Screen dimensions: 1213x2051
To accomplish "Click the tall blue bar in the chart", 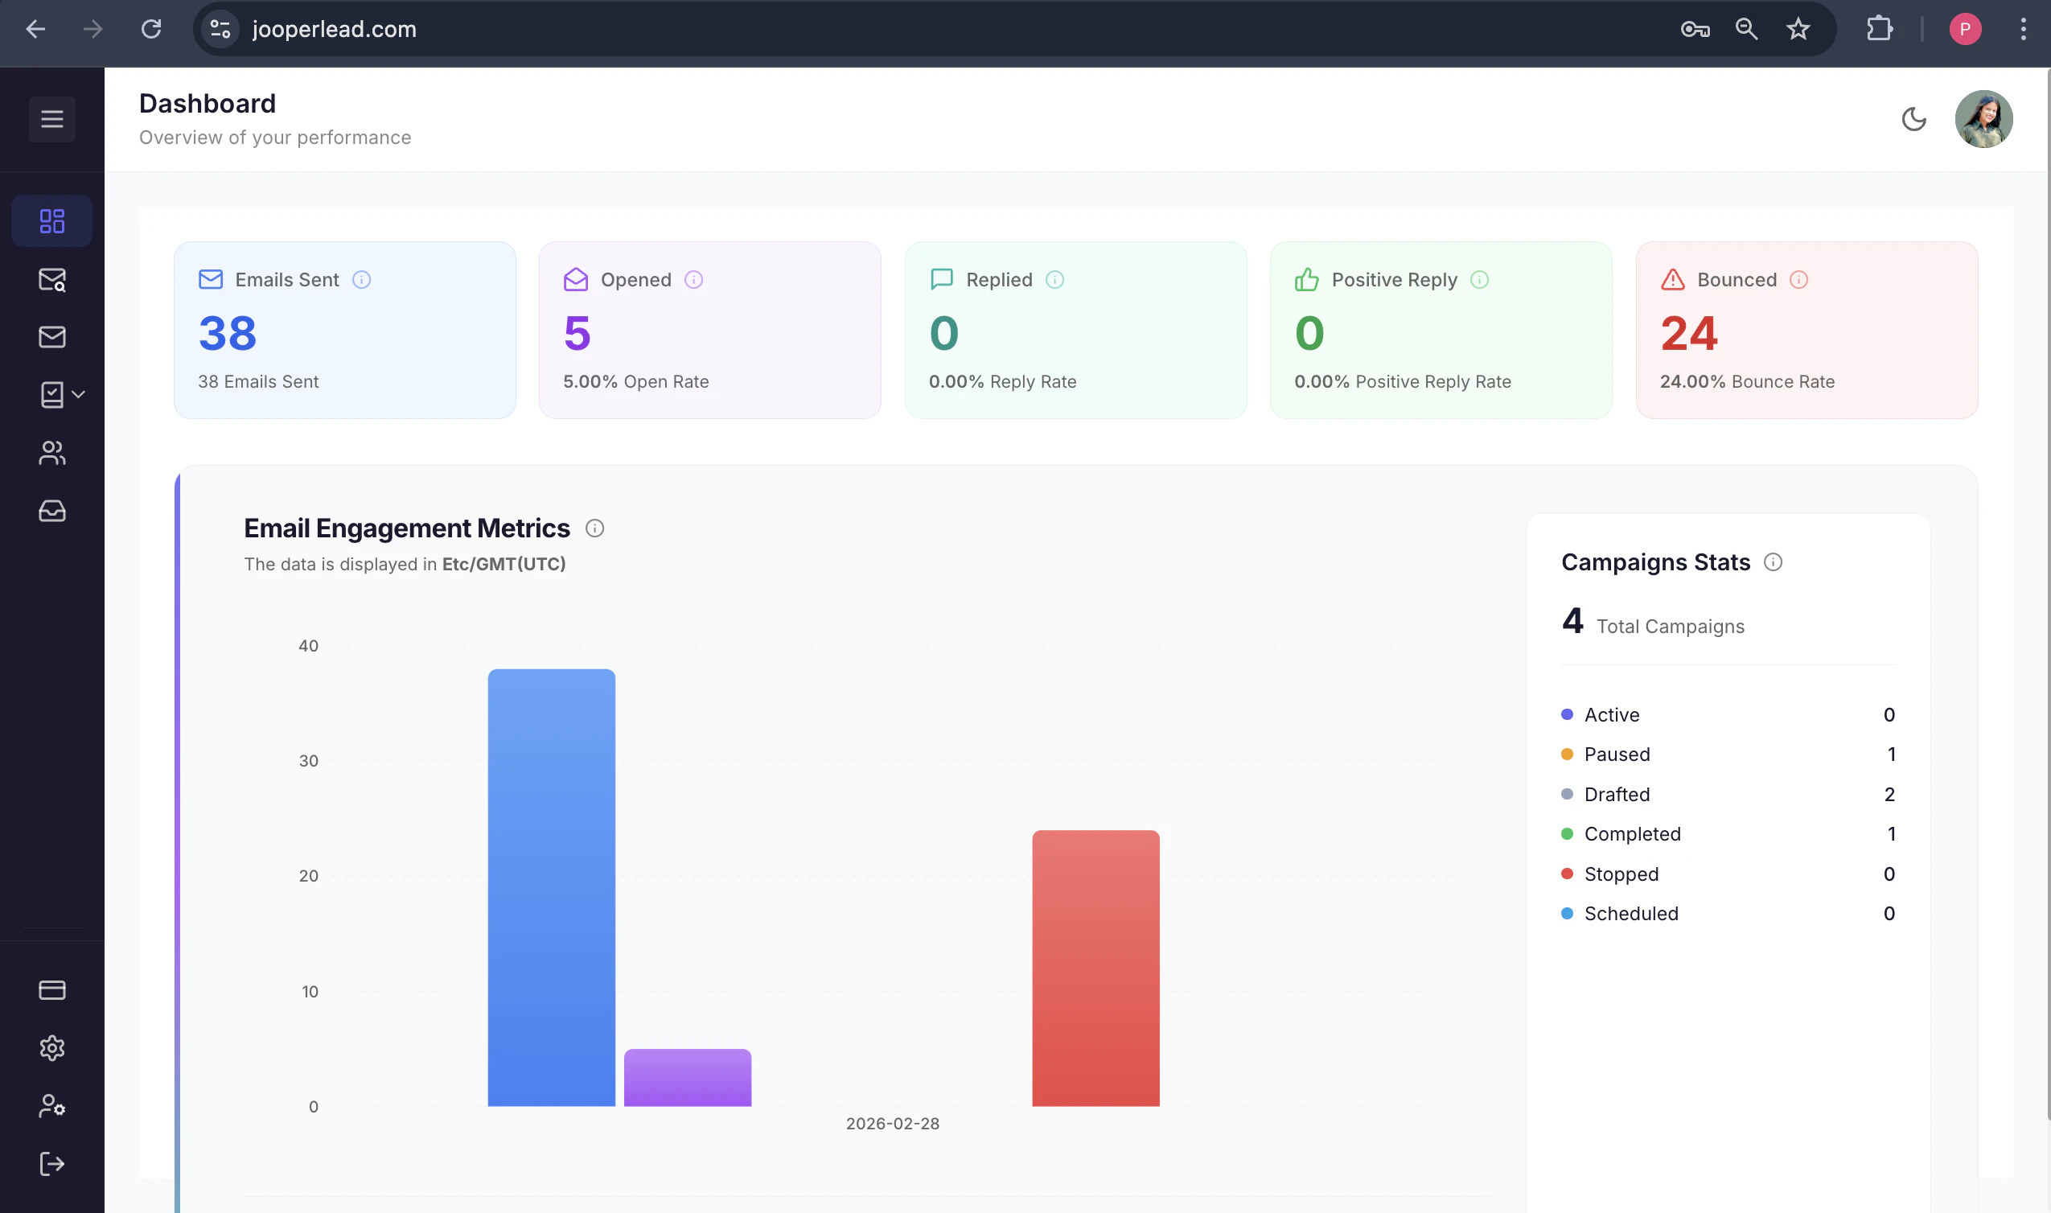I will point(552,887).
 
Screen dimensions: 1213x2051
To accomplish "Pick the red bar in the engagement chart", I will point(1095,968).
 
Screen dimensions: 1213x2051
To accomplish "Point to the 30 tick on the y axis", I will point(308,761).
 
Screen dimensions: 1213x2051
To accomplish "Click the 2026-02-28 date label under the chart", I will point(892,1123).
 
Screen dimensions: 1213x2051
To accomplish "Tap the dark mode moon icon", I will point(1913,119).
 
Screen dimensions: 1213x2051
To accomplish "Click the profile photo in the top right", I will point(1983,119).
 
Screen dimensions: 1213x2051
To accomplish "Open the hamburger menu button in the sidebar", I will point(52,119).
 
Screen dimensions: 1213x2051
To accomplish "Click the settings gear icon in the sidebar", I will point(52,1048).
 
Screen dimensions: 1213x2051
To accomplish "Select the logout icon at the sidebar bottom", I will point(52,1163).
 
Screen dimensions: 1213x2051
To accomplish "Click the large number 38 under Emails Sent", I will point(227,334).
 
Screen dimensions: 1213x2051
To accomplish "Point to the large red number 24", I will point(1688,334).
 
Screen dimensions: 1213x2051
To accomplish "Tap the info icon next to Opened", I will point(694,280).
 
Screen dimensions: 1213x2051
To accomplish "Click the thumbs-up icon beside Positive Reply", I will point(1306,280).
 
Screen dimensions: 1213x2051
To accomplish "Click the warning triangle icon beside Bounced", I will point(1673,280).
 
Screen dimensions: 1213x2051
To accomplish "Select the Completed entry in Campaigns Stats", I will point(1632,833).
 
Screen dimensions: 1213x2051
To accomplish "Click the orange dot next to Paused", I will point(1567,754).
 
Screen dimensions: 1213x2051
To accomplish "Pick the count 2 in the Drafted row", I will point(1889,794).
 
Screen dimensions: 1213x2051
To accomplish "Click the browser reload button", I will point(151,30).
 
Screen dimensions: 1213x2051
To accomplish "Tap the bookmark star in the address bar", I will point(1798,30).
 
